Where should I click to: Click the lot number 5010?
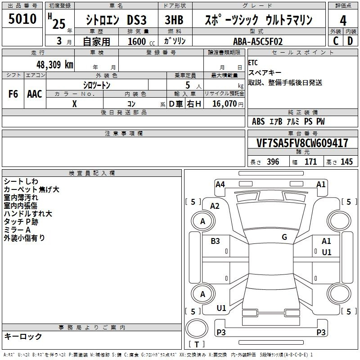point(22,18)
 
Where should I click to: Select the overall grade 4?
point(343,20)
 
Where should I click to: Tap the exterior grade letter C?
point(336,41)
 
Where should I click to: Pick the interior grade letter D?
point(350,41)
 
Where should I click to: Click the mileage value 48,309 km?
point(54,65)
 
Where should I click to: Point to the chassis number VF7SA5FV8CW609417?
point(302,143)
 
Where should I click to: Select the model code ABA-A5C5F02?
point(258,41)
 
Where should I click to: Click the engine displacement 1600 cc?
point(141,41)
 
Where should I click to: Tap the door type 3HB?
point(174,20)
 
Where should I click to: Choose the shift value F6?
point(13,94)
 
